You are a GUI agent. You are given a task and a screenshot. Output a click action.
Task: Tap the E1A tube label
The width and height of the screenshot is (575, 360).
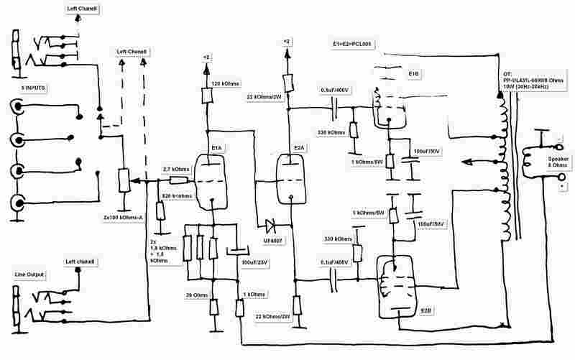tap(217, 149)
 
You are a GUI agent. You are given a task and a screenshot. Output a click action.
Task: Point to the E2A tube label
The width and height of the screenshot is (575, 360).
tap(299, 149)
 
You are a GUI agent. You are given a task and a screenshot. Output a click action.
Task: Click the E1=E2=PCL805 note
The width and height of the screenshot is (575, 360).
tap(347, 45)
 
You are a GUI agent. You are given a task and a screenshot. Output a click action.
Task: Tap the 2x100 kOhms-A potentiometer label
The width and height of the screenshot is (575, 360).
tap(124, 216)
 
